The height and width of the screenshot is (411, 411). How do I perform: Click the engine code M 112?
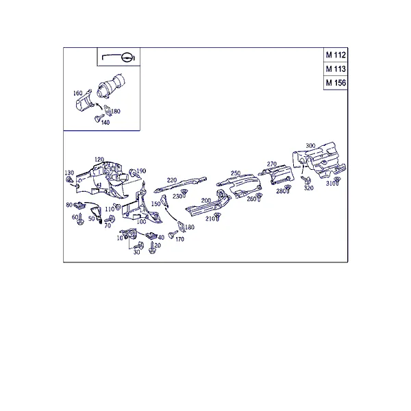(336, 55)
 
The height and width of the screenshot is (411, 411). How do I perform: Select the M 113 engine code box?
(336, 69)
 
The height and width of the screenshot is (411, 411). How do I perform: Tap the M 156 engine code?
(336, 83)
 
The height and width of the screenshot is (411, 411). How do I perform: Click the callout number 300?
(310, 145)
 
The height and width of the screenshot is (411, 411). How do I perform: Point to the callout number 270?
(272, 164)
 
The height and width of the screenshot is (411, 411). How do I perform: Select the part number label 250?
(236, 173)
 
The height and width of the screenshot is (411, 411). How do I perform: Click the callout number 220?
(172, 180)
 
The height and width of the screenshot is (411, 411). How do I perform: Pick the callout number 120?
(99, 160)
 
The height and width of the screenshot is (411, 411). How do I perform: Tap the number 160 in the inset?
(77, 93)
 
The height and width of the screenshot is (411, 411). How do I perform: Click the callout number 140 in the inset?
(105, 123)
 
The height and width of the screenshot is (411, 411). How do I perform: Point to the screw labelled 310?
(337, 180)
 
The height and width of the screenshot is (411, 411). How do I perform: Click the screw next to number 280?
(288, 188)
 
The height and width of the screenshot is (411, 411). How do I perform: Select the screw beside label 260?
(259, 197)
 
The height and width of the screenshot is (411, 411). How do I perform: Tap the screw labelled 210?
(217, 216)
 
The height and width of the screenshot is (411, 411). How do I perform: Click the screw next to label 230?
(184, 193)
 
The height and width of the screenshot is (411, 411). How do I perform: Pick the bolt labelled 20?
(152, 248)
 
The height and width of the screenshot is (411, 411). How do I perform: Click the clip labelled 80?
(79, 206)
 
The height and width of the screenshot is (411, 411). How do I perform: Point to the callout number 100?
(142, 222)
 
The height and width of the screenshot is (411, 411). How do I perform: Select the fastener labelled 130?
(69, 180)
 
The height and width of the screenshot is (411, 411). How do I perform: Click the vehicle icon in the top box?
(119, 57)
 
